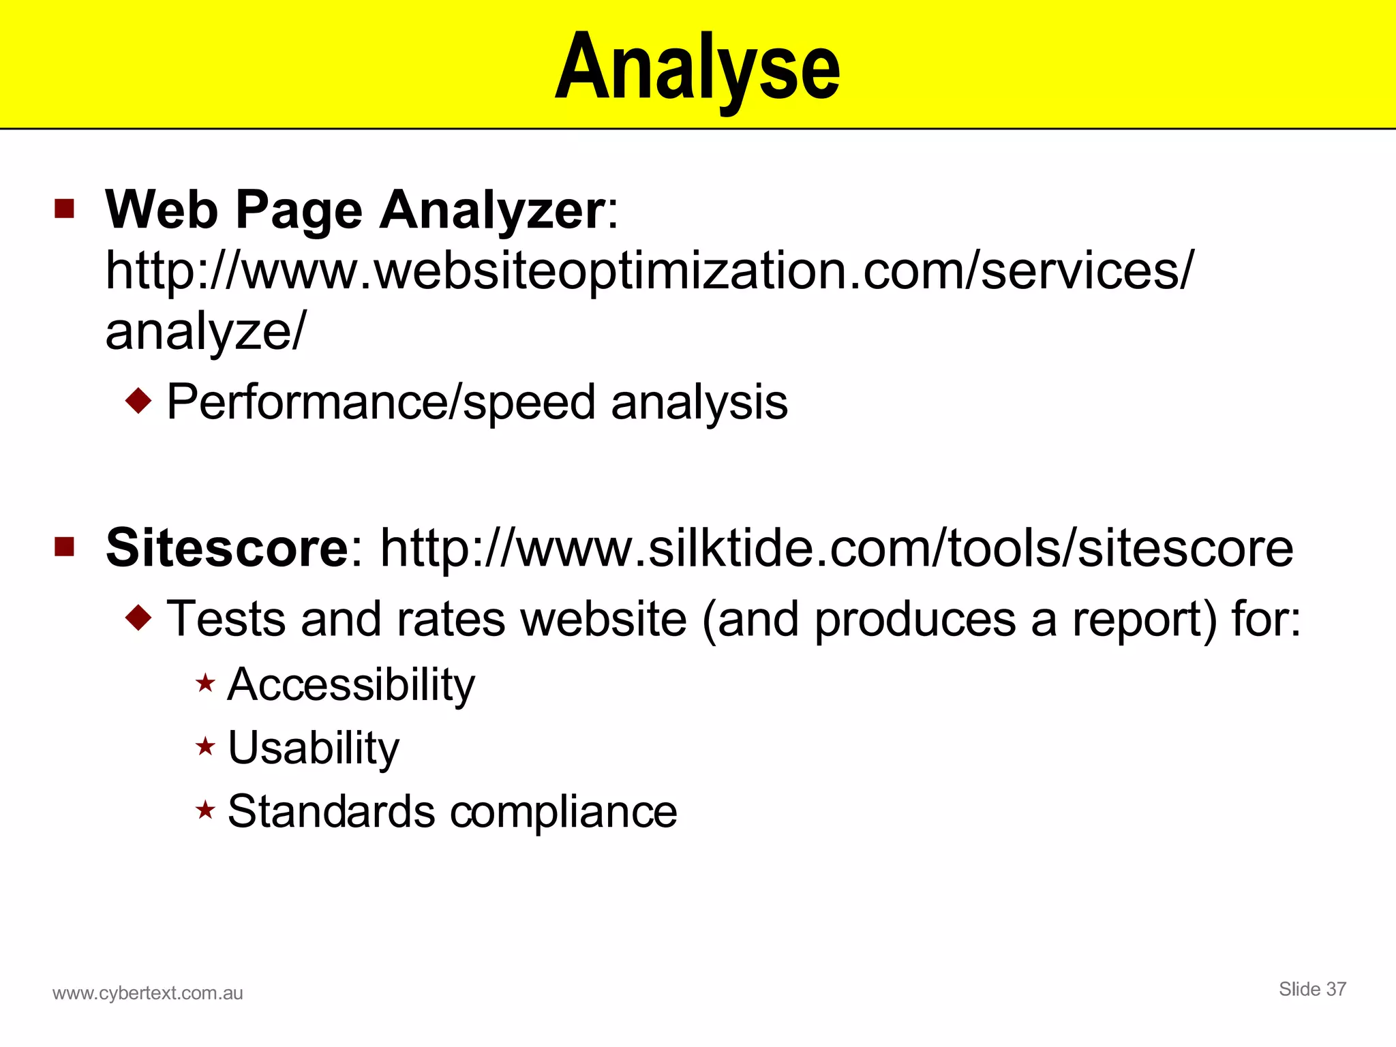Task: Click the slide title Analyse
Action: coord(697,68)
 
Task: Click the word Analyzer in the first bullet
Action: coord(492,210)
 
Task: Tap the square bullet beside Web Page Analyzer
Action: coord(64,209)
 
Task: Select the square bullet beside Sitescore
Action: coord(64,547)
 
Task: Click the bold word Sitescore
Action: coord(227,548)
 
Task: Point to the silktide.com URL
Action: coord(836,548)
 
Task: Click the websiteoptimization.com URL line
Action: coord(649,271)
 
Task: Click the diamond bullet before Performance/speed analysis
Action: coord(138,401)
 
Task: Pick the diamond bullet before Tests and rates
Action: coord(138,618)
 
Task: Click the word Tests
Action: coord(226,619)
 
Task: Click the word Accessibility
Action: coord(351,684)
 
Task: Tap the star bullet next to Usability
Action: coord(205,747)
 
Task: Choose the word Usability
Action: coord(314,748)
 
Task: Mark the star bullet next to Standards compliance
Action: coord(205,810)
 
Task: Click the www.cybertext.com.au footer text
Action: coord(148,993)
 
